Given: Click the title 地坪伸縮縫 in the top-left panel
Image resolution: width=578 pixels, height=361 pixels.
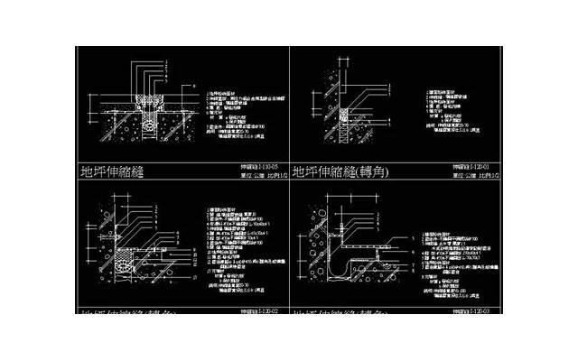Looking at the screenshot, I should coord(113,170).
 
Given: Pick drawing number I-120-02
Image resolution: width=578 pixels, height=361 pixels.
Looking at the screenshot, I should coord(257,310).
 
